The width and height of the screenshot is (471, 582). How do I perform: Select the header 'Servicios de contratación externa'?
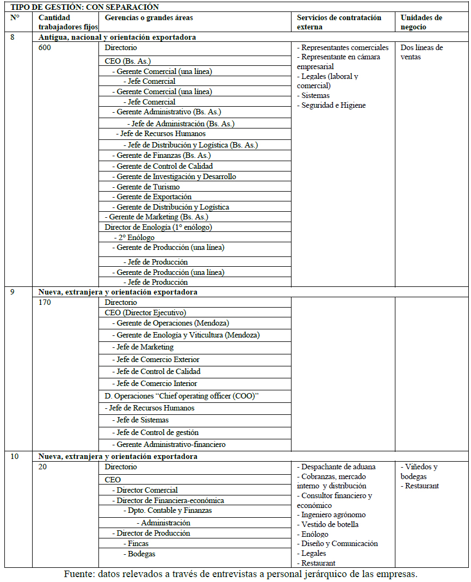(339, 22)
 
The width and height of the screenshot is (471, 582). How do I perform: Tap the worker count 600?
(45, 48)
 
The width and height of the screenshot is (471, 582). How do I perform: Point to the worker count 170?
(45, 303)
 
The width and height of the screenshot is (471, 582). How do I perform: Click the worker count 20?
(44, 467)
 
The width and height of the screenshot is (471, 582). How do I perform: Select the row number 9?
(14, 292)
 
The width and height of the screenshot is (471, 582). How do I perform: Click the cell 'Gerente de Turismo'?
(148, 187)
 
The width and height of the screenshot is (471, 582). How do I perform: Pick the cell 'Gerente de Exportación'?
(154, 197)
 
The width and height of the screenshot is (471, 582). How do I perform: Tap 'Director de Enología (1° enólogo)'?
(158, 227)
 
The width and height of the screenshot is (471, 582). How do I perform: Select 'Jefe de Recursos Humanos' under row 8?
(163, 133)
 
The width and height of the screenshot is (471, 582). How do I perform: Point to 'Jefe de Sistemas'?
(142, 420)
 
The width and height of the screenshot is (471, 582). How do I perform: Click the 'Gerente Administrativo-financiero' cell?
(171, 444)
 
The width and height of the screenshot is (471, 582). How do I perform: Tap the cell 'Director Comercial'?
(147, 490)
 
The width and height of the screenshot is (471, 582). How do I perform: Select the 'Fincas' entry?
(138, 543)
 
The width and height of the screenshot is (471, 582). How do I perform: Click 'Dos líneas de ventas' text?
(421, 52)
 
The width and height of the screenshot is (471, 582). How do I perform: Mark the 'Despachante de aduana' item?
(338, 467)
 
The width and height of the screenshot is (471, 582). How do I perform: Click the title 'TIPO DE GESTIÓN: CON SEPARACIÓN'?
(85, 7)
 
